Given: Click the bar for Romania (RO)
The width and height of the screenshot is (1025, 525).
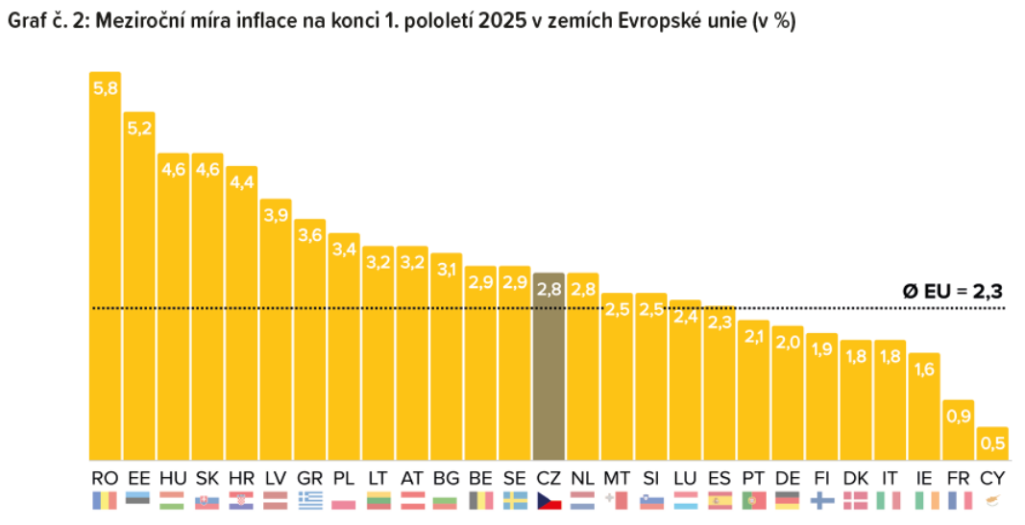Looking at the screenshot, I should [105, 269].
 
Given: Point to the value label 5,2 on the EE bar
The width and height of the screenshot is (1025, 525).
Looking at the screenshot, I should [139, 128].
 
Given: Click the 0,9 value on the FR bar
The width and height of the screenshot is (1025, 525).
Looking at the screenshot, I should [958, 416].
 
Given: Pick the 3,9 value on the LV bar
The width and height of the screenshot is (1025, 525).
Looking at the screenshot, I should [276, 215].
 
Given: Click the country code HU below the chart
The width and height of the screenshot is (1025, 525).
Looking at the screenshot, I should [173, 477].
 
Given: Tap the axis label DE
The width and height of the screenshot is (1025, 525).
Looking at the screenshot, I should [787, 477].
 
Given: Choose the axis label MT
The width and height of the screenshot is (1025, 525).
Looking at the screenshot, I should [616, 477].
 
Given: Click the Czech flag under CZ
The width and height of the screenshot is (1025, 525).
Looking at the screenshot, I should [549, 500].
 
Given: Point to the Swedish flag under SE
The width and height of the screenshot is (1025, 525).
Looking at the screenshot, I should [514, 500].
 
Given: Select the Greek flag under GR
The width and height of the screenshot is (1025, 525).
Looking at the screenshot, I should [309, 500].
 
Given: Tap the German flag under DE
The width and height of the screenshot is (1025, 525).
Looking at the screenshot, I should [787, 500].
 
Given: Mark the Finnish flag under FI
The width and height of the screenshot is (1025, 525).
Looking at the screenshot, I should [821, 500].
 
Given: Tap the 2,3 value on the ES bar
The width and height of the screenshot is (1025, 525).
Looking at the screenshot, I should [719, 322].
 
